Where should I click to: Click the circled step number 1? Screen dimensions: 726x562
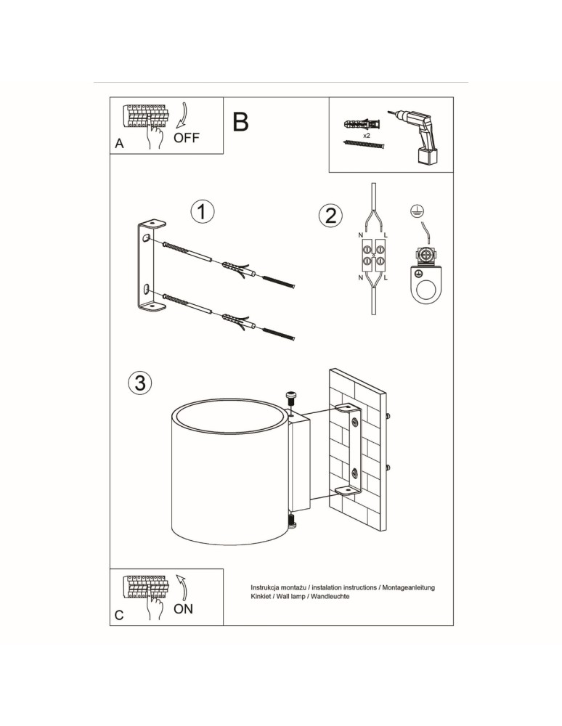(203, 212)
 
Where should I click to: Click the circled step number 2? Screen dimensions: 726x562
(330, 216)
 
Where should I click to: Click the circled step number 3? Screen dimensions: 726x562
(140, 383)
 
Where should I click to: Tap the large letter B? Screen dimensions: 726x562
(240, 122)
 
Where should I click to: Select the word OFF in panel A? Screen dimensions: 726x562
(186, 137)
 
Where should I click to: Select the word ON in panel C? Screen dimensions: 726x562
(183, 608)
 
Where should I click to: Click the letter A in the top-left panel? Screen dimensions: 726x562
(120, 144)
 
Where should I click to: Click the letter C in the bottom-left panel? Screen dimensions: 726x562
(120, 615)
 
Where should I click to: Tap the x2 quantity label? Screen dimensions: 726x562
(367, 135)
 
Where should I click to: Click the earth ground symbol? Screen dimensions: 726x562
(418, 211)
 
